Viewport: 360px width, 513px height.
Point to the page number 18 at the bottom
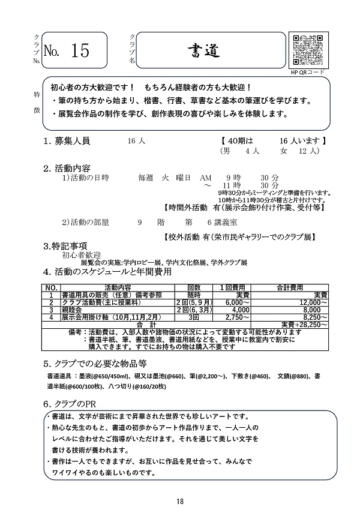pos(180,502)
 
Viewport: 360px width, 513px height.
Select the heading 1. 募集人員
pos(67,142)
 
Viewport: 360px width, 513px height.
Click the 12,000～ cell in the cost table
pos(313,302)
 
